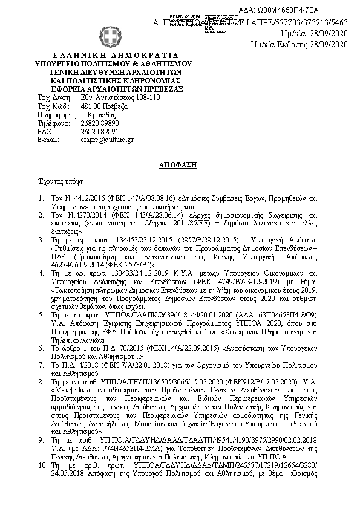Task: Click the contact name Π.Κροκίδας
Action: (x=97, y=114)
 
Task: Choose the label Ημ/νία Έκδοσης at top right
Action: (x=284, y=44)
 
